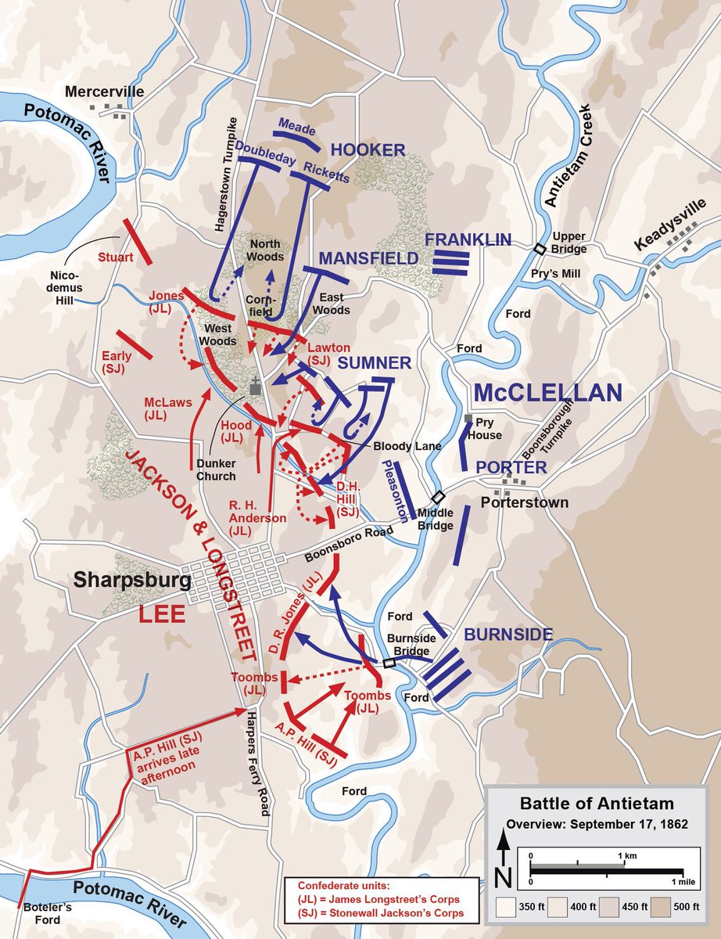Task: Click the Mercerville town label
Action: [105, 92]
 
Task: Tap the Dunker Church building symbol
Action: [256, 386]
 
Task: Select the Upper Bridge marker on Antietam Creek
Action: [540, 249]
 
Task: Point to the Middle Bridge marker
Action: [439, 497]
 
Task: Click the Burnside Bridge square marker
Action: [389, 663]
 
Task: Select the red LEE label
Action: [162, 614]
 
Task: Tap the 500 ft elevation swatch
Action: [658, 908]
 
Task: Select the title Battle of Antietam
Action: [597, 803]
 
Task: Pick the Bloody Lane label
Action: [407, 445]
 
